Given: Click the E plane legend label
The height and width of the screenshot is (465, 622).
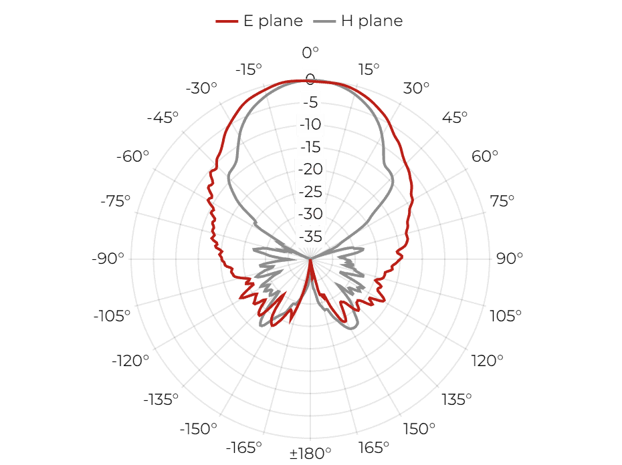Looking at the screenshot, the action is pos(273,21).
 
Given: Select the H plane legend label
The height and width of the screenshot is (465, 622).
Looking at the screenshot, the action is pos(372,21).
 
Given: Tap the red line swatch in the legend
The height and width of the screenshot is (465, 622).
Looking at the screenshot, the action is pos(227,21).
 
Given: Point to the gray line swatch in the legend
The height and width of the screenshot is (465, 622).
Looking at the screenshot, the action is pos(324,21).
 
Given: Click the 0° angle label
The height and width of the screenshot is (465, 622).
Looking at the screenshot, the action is pos(310,52).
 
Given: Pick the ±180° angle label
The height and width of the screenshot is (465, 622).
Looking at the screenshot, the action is pos(310,453).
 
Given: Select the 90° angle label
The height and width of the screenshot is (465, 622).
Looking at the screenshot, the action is pos(510,258).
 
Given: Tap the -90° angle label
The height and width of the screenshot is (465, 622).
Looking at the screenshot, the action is pos(108,258).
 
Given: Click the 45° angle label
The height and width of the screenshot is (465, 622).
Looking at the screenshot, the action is pos(455,118).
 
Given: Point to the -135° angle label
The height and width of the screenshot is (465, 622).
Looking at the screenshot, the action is pos(161,400).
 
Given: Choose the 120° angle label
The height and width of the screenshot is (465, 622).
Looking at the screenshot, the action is pos(487,361).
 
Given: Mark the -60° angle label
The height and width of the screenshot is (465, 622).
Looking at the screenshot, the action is pos(132,156).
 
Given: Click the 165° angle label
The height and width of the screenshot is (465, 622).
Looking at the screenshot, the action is pos(374,448).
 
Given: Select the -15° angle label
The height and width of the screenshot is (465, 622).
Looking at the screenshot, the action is pos(249,69).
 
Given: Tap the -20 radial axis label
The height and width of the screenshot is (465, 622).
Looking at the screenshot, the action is pos(310,169).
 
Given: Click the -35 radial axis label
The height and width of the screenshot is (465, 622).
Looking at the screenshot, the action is pos(310,237).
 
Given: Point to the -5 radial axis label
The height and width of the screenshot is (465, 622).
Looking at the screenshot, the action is pos(310,102).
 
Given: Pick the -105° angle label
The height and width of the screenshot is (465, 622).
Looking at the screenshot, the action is pos(112,316).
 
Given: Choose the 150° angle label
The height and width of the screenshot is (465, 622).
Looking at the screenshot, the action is pos(419,428).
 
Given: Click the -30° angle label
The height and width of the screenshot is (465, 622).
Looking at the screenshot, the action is pos(201,88).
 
